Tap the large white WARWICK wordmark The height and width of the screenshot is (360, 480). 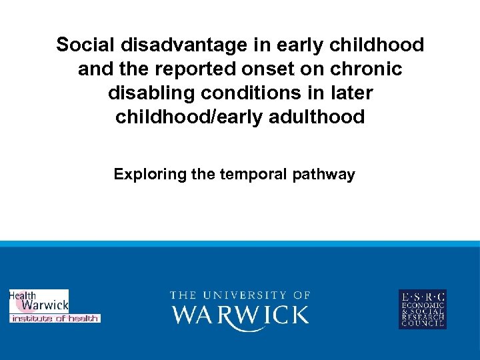[240, 315]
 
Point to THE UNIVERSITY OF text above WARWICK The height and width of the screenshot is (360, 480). [240, 295]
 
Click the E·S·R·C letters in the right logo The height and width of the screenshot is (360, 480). [422, 297]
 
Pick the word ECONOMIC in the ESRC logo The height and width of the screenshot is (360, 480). [422, 305]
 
